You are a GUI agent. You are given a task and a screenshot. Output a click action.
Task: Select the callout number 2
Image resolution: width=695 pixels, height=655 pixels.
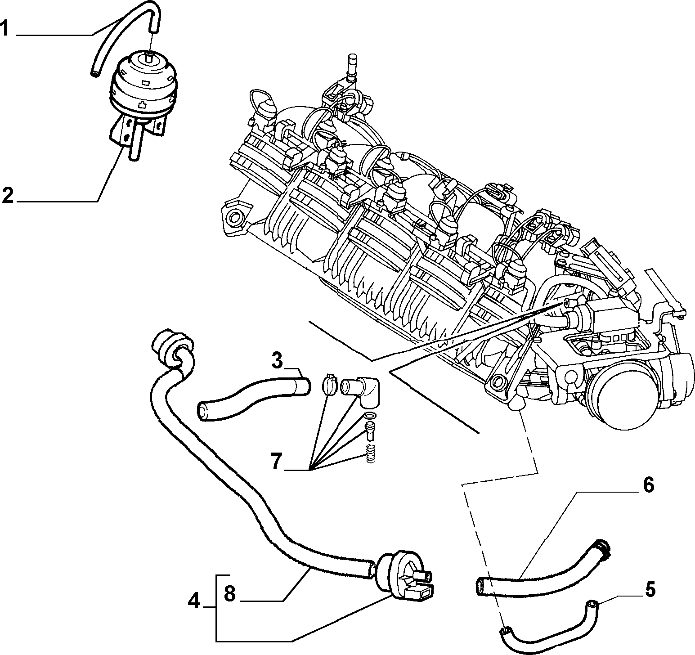[x=8, y=196]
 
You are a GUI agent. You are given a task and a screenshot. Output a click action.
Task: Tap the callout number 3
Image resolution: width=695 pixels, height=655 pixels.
[x=277, y=361]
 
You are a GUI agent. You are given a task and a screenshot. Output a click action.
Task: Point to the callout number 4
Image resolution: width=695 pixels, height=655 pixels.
[x=193, y=601]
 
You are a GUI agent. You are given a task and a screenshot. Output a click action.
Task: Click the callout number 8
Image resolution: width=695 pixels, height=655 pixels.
[x=229, y=595]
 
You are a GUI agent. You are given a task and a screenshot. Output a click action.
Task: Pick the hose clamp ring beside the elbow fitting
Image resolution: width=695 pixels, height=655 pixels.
[x=330, y=386]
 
